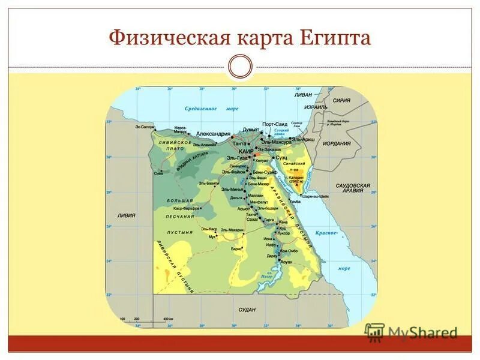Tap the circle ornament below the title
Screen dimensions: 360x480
240,67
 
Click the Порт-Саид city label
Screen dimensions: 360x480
276,124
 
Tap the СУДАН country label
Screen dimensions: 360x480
247,310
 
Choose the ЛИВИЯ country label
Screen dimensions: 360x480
127,215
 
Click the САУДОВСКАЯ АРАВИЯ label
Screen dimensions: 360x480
353,188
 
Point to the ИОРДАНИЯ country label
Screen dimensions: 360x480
337,143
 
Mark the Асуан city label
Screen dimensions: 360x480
286,263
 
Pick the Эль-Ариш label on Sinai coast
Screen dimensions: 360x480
304,139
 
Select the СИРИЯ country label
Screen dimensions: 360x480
341,101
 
